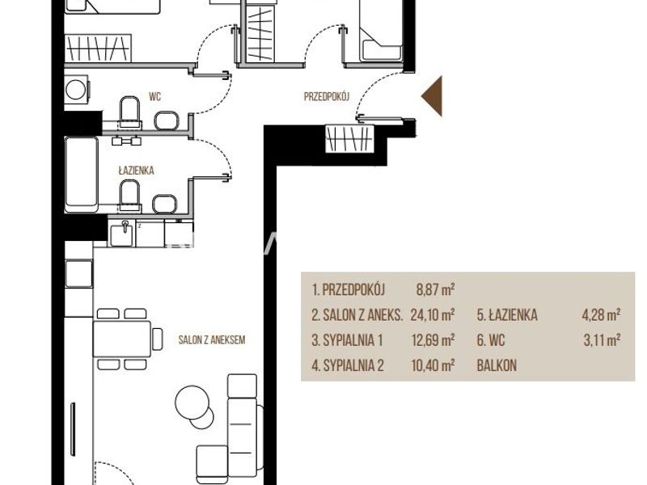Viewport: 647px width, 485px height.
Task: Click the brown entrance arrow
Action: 434,96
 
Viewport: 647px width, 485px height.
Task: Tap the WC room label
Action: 154,97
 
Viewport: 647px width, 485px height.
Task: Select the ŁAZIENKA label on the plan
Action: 136,171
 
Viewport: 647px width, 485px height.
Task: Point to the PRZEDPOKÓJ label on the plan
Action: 327,96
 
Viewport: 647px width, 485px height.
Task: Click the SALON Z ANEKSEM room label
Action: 212,339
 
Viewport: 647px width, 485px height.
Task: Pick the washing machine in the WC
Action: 77,89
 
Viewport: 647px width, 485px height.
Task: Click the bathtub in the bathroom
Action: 82,175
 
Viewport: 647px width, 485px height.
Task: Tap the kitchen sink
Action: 122,234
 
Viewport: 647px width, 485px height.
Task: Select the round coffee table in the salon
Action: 192,402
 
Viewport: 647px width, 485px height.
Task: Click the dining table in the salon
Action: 122,339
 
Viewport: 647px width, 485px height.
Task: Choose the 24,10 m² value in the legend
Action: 433,315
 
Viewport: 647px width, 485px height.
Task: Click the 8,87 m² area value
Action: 435,289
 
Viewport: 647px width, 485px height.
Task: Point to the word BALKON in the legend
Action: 497,365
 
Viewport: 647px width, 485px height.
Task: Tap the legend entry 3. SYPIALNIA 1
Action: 347,340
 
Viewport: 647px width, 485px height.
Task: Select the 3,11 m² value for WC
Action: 602,340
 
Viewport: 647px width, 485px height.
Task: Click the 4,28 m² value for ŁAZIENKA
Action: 601,315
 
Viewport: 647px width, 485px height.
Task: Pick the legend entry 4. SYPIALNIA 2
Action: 348,366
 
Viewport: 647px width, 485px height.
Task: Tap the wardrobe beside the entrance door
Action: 349,138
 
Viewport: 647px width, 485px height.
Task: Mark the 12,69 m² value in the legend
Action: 433,340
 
